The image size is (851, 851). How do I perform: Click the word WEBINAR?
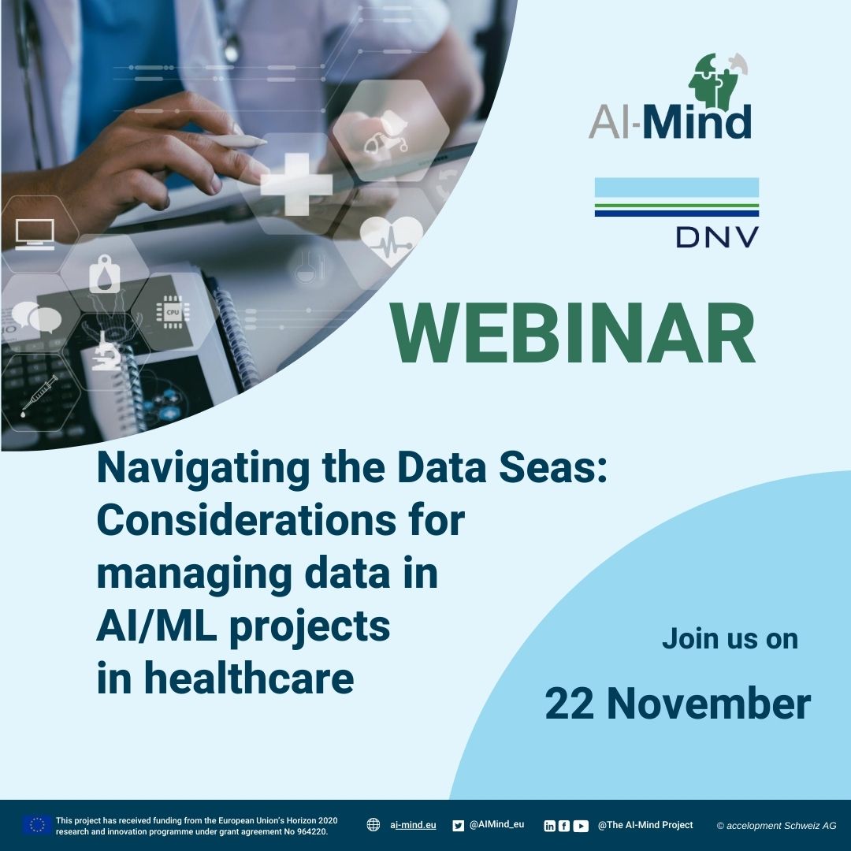click(x=573, y=333)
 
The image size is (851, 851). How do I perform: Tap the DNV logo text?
click(x=717, y=237)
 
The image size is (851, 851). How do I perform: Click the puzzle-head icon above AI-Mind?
click(x=716, y=80)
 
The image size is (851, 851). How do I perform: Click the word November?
click(x=709, y=704)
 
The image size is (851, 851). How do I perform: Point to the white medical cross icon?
click(x=296, y=184)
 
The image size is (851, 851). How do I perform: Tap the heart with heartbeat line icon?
click(x=391, y=241)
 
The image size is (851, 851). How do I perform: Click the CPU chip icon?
click(x=172, y=312)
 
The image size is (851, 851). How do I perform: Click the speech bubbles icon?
click(x=36, y=317)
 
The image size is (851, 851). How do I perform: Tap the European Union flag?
click(x=37, y=826)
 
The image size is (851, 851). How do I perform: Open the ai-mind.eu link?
click(x=412, y=825)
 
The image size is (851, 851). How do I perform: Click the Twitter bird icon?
click(x=459, y=826)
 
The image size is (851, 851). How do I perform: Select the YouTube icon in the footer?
click(x=581, y=826)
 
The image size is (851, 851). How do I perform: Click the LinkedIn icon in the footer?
click(x=550, y=826)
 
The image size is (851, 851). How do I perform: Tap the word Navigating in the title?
click(x=203, y=468)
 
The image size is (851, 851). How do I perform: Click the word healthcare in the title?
click(x=249, y=678)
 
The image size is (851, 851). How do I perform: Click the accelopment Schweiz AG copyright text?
click(x=777, y=826)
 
